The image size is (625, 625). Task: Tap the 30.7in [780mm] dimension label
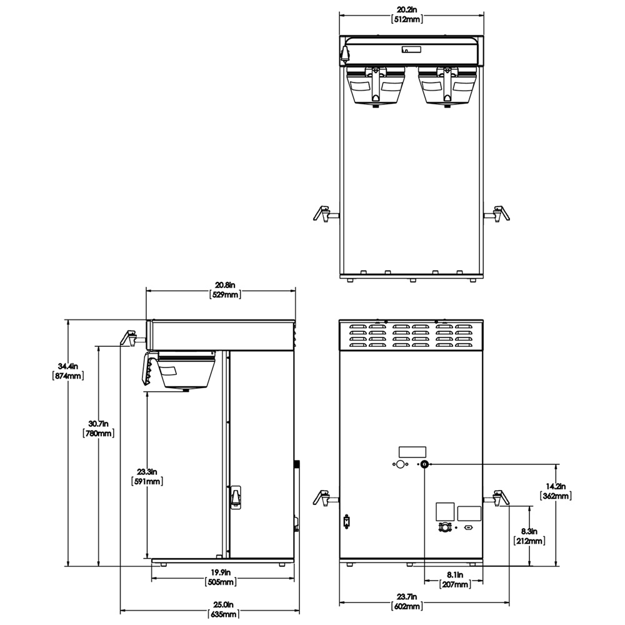(x=98, y=428)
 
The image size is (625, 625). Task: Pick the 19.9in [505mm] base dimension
(x=220, y=577)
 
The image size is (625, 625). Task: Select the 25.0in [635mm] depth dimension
(x=224, y=610)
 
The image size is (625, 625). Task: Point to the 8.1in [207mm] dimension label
(x=454, y=579)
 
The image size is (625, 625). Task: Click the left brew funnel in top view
(x=374, y=86)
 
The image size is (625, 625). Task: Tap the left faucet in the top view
(x=324, y=213)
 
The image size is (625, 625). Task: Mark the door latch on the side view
(x=236, y=498)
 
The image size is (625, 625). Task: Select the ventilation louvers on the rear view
(x=411, y=335)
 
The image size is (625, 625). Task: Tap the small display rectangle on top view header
(x=411, y=49)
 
